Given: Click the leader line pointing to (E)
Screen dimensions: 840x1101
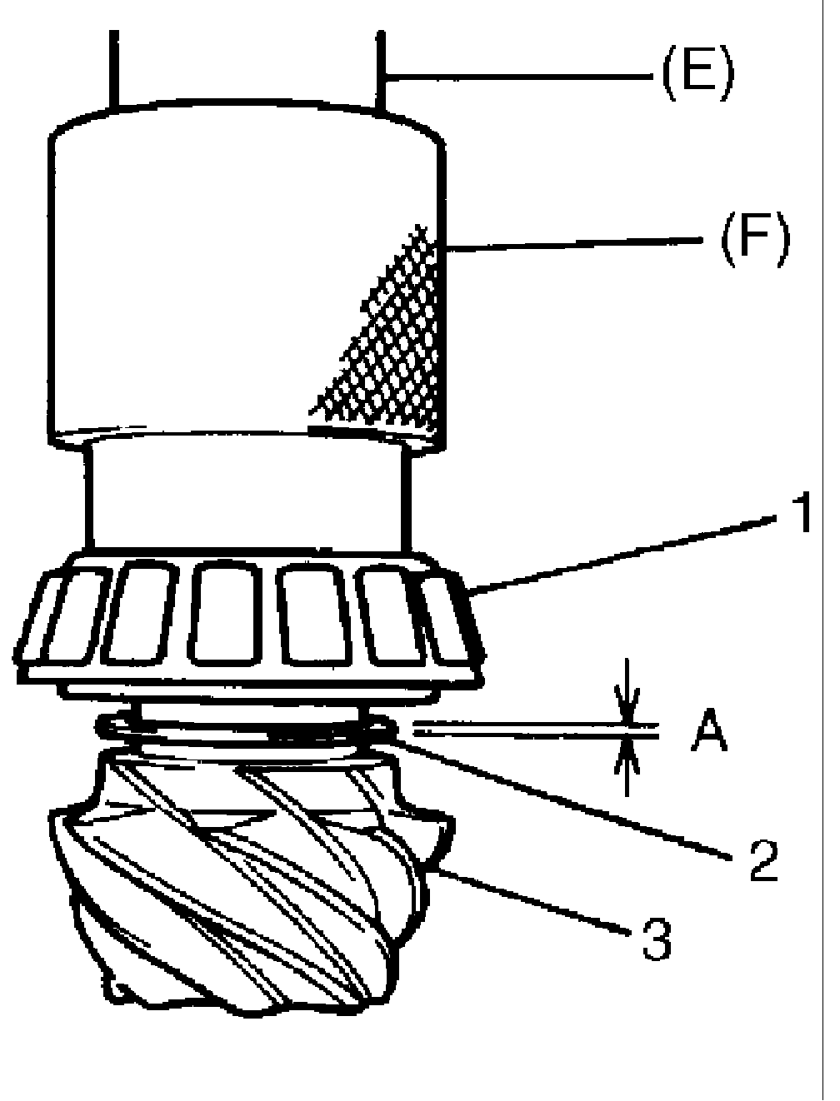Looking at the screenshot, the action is (517, 77).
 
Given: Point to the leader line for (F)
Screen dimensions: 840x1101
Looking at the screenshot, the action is (575, 243).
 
